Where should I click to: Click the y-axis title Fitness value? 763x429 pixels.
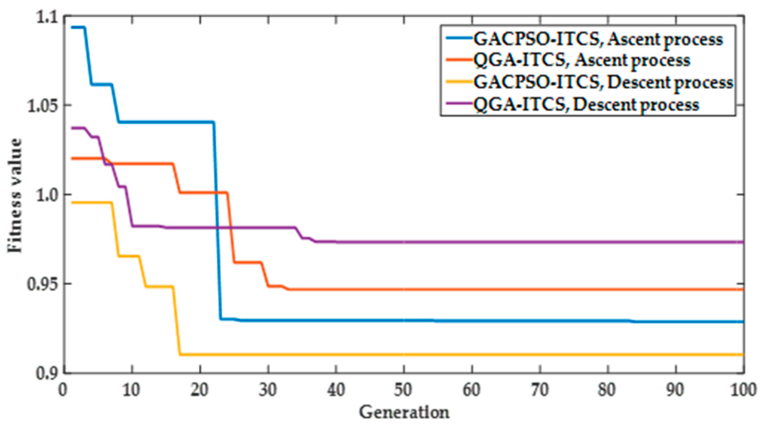pyautogui.click(x=15, y=196)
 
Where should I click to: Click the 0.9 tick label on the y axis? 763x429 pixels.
pyautogui.click(x=48, y=373)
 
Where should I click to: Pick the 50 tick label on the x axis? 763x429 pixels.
pyautogui.click(x=403, y=390)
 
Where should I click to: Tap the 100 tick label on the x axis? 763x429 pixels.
pyautogui.click(x=743, y=390)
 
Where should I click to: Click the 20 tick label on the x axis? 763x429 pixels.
pyautogui.click(x=199, y=390)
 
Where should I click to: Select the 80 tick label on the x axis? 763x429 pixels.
pyautogui.click(x=607, y=390)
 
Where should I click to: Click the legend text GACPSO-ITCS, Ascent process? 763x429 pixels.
pyautogui.click(x=598, y=39)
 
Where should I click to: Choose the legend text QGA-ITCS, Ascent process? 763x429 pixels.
pyautogui.click(x=581, y=60)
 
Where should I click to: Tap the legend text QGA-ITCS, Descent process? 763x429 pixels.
pyautogui.click(x=586, y=105)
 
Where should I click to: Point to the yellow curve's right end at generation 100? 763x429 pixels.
pyautogui.click(x=742, y=355)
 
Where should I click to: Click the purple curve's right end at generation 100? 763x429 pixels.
pyautogui.click(x=742, y=242)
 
